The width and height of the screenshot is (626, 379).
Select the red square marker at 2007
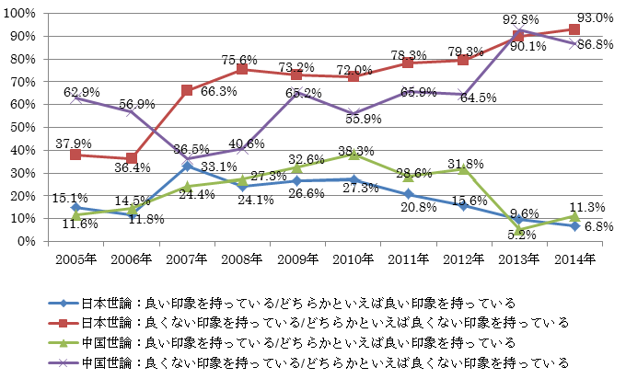point(187,90)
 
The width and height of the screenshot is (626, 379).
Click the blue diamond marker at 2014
point(574,225)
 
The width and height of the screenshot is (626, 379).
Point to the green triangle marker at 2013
point(519,229)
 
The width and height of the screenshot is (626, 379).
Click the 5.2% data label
point(521,241)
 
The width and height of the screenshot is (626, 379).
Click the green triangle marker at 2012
point(464,169)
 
